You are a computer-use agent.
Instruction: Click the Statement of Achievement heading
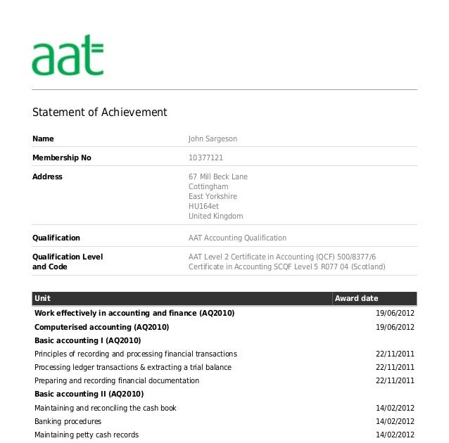(100, 113)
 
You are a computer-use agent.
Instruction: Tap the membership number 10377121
(205, 158)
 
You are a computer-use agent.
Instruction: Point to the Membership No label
(62, 158)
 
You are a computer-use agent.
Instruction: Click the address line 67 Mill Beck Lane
(218, 176)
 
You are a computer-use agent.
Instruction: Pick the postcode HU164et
(203, 207)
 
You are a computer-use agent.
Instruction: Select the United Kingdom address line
(216, 217)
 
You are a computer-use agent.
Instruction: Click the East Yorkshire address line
(213, 197)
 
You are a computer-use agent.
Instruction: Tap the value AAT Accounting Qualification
(237, 238)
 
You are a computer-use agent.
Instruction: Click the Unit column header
(42, 298)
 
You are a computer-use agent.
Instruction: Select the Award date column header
(356, 298)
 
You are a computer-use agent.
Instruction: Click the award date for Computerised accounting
(395, 328)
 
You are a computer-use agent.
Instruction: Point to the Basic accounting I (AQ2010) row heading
(88, 340)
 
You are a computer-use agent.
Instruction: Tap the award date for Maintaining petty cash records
(395, 435)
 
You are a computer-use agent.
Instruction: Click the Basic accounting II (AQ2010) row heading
(89, 394)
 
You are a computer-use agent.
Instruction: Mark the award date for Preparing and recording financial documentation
(395, 380)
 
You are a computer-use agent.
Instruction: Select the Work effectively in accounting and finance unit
(134, 313)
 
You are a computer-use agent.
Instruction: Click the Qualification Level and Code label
(68, 262)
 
